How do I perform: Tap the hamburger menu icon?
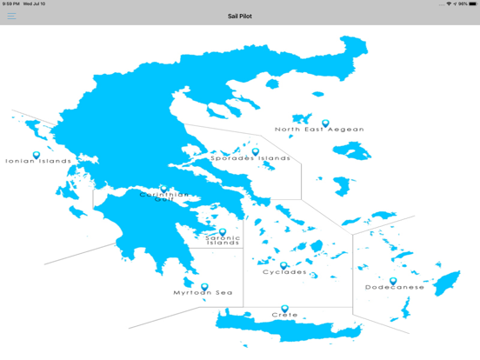click(x=11, y=16)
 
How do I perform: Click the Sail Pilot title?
click(x=240, y=16)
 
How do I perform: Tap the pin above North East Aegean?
click(x=326, y=123)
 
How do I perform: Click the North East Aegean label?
click(x=319, y=130)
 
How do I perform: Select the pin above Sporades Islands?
click(x=256, y=151)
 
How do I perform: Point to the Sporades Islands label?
click(x=250, y=158)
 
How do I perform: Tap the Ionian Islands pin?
click(x=37, y=155)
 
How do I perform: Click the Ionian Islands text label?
click(x=38, y=161)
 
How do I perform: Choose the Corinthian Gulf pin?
click(x=163, y=188)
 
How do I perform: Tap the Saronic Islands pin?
click(x=223, y=231)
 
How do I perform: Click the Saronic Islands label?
click(x=223, y=240)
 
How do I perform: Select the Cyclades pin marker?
click(x=283, y=265)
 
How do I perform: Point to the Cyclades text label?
click(x=284, y=272)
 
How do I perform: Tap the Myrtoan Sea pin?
click(x=204, y=286)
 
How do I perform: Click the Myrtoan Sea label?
click(x=203, y=293)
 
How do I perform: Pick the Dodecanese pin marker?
click(x=393, y=281)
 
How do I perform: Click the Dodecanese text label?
click(x=395, y=287)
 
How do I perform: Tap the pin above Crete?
click(x=284, y=308)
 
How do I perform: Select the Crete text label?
click(x=284, y=315)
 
